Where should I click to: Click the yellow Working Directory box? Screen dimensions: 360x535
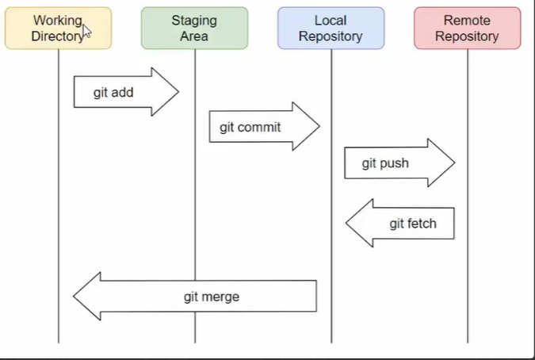pos(58,28)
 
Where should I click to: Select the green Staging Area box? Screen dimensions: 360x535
pos(194,28)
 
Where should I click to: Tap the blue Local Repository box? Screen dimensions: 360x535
pos(331,28)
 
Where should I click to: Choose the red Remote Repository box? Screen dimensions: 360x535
pos(467,28)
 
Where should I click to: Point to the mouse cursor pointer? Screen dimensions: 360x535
pos(86,30)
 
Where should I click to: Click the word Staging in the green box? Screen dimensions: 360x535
pos(194,21)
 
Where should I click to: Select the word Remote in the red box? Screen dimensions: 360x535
pos(467,21)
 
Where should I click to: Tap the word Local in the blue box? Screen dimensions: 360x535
pos(331,21)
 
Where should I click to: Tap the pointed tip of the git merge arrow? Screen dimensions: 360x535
pos(75,297)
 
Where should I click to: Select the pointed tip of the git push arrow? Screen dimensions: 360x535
pos(453,163)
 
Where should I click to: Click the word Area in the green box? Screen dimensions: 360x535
pos(194,36)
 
